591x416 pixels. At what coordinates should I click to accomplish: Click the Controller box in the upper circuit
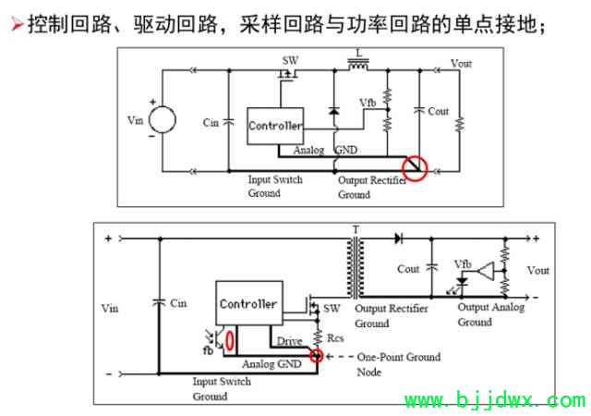coord(275,126)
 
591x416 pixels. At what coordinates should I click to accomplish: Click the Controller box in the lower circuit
coord(249,303)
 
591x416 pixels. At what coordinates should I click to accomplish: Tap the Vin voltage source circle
coord(163,119)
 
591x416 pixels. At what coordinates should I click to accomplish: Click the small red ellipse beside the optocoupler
coord(230,340)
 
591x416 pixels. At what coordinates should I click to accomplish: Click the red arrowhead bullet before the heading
coord(17,24)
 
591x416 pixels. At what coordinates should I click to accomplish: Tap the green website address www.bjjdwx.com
coord(495,400)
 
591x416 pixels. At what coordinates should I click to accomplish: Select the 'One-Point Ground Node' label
coord(399,364)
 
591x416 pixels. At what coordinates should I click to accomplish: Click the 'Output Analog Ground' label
coord(490,314)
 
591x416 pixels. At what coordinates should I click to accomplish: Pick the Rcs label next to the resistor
coord(335,337)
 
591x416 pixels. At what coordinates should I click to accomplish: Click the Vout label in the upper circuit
coord(462,63)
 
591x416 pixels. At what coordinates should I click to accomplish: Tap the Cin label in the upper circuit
coord(211,123)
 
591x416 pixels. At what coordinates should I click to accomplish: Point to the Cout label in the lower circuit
coord(408,269)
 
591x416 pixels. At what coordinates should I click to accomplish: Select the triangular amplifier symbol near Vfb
coord(487,271)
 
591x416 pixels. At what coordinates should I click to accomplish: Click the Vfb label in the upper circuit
coord(368,103)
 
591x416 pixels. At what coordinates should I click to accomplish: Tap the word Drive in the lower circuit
coord(289,341)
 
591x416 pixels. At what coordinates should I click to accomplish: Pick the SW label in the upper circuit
coord(290,60)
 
